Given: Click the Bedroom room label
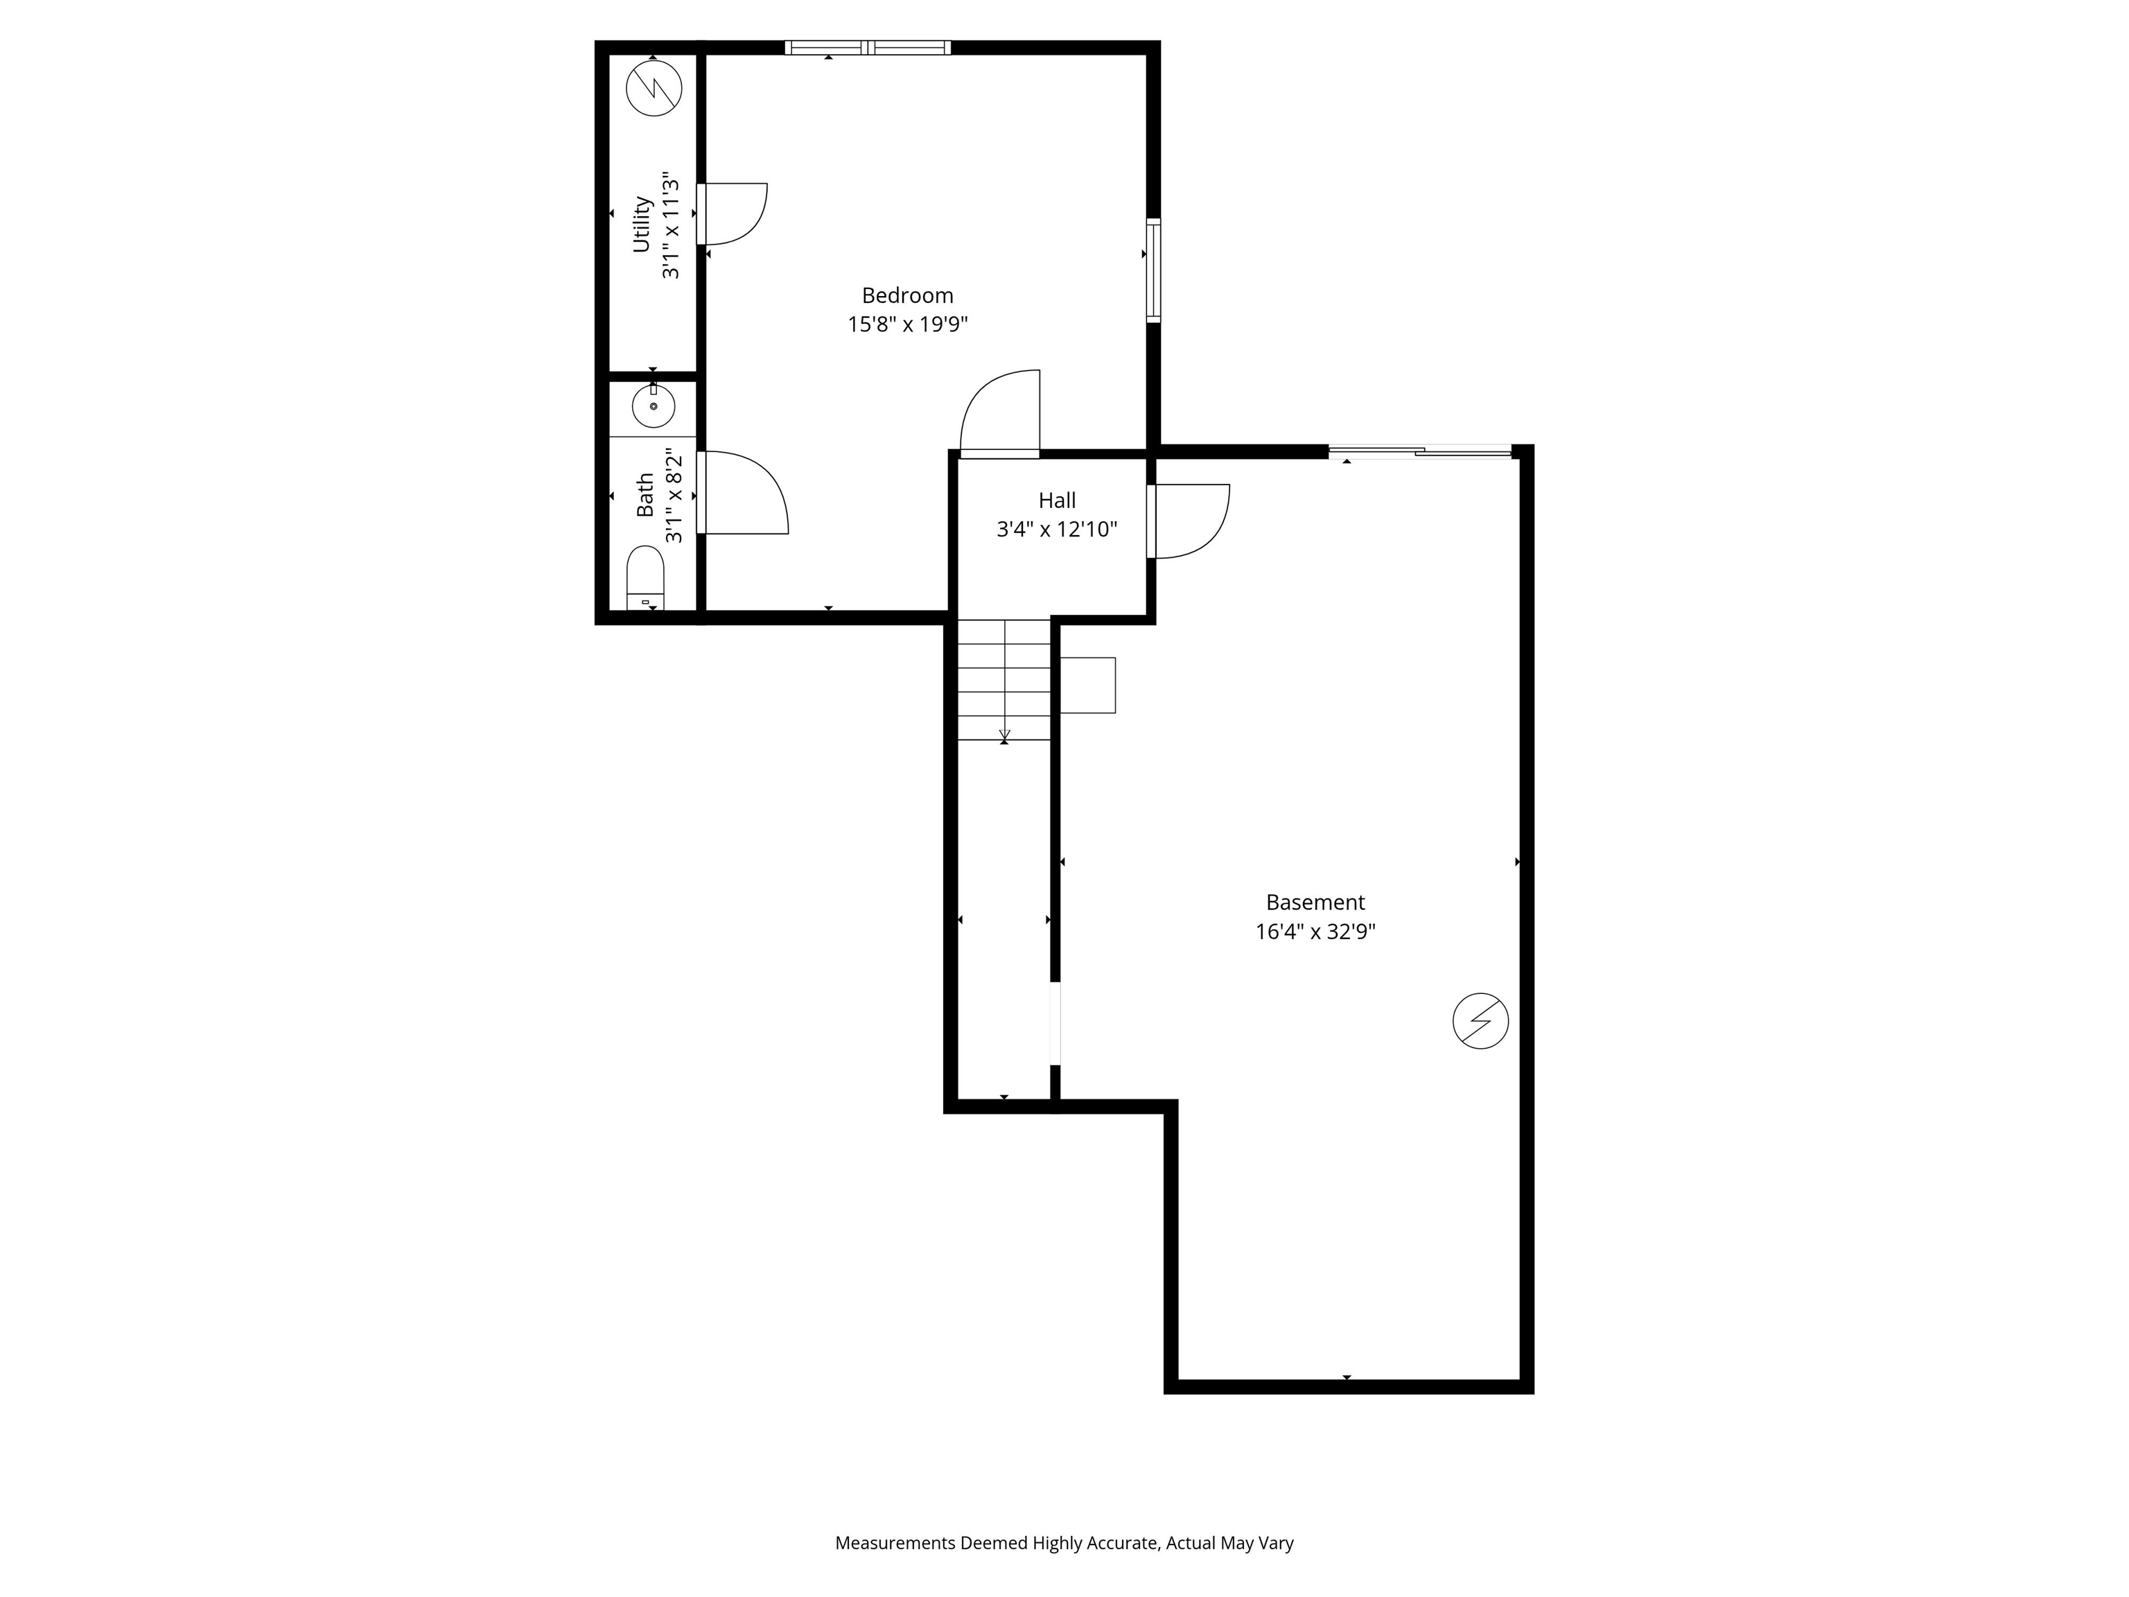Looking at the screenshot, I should (x=906, y=295).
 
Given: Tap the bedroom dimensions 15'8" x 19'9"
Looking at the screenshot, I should (x=906, y=324).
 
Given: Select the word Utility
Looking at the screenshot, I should (x=642, y=225).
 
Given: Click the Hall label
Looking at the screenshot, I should (x=1057, y=500).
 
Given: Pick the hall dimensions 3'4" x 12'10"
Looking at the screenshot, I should (x=1057, y=530).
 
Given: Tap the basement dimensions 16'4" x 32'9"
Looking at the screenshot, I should (x=1315, y=932).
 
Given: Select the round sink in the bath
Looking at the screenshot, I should (x=654, y=405).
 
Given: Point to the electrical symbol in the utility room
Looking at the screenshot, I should (x=654, y=89).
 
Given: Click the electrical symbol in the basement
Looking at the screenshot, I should (x=1480, y=1020).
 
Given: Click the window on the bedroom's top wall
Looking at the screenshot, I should (x=867, y=47).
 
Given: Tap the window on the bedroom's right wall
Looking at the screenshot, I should (x=1153, y=270).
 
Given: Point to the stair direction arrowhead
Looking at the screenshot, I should (x=1004, y=738).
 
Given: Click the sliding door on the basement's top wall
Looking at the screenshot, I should (x=1419, y=451).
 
